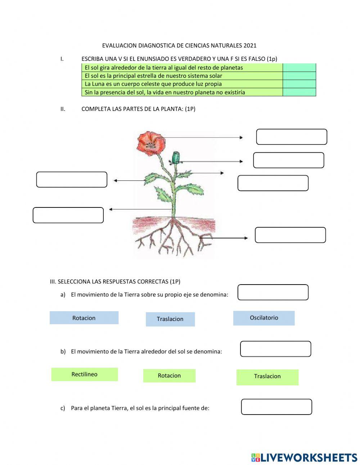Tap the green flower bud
tap(176, 157)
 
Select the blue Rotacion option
tap(84, 318)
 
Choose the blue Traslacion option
tap(170, 319)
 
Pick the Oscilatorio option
tap(264, 318)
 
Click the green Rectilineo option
tap(85, 374)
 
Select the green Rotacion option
tap(169, 376)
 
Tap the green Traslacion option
tap(267, 377)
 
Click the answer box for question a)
tap(273, 292)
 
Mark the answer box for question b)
tap(275, 349)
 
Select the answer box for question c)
tap(276, 407)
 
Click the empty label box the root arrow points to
tap(290, 235)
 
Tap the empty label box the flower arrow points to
tap(292, 137)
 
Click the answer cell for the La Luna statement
tap(299, 84)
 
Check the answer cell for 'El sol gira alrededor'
tap(299, 68)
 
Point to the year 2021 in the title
tap(250, 45)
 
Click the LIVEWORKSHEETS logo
tap(304, 457)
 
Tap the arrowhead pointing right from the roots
tap(246, 238)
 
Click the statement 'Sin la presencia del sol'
tap(165, 92)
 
